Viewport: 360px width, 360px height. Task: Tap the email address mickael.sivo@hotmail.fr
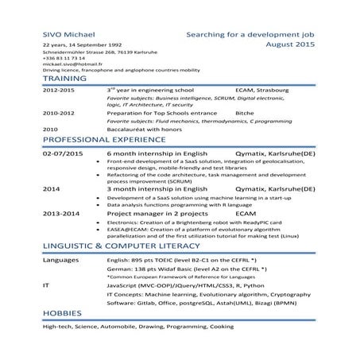[76, 64]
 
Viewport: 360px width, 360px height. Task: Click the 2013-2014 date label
[62, 214]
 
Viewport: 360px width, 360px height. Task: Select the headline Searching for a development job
[250, 36]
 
